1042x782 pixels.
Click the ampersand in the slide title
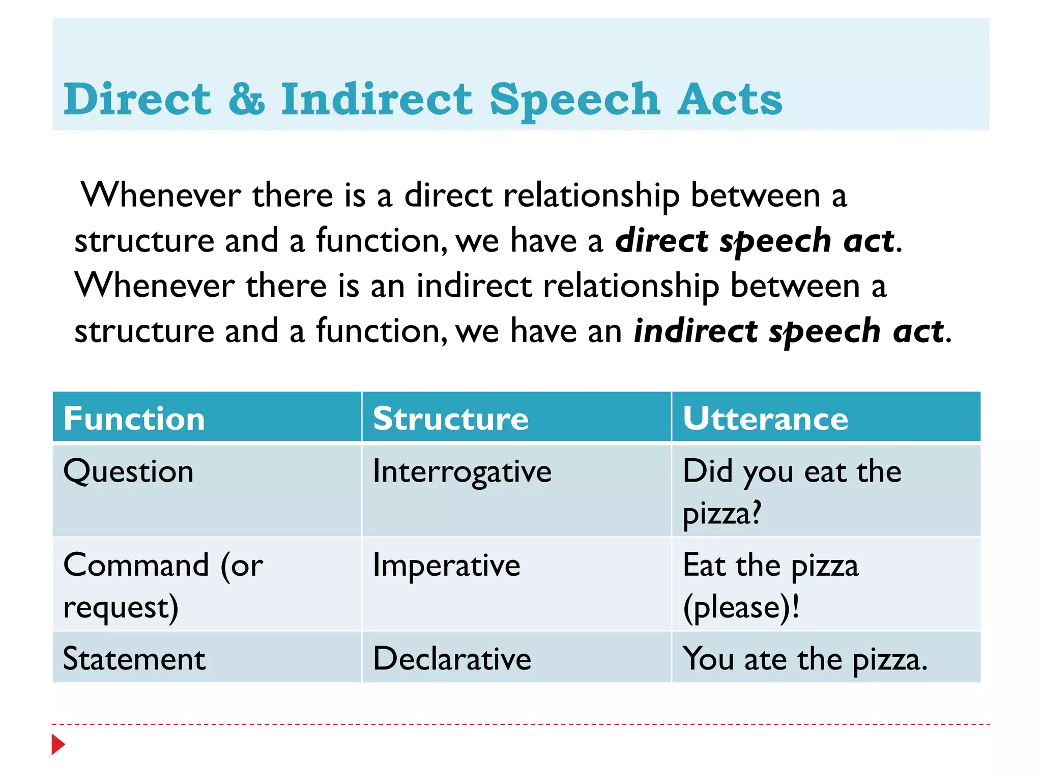pyautogui.click(x=246, y=99)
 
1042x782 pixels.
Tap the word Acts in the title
pyautogui.click(x=730, y=99)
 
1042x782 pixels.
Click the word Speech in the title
pyautogui.click(x=574, y=100)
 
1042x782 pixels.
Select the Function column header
pyautogui.click(x=134, y=418)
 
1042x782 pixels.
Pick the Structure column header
pyautogui.click(x=451, y=418)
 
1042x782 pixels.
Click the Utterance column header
pyautogui.click(x=765, y=418)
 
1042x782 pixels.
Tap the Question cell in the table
pyautogui.click(x=128, y=471)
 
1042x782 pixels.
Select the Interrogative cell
pyautogui.click(x=462, y=471)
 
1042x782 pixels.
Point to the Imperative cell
pyautogui.click(x=446, y=566)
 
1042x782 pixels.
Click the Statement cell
pyautogui.click(x=134, y=659)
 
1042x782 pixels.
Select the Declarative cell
pyautogui.click(x=452, y=659)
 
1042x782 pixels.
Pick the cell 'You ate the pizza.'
pyautogui.click(x=805, y=659)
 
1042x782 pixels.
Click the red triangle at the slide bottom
pyautogui.click(x=58, y=744)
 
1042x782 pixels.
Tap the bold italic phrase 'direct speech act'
pyautogui.click(x=755, y=240)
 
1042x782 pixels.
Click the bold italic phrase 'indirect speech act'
pyautogui.click(x=789, y=331)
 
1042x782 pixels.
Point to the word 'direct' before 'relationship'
pyautogui.click(x=448, y=195)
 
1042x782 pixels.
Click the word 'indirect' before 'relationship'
pyautogui.click(x=474, y=286)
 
